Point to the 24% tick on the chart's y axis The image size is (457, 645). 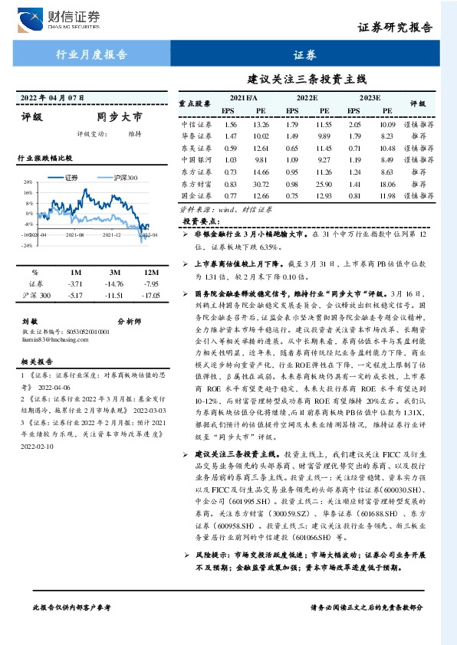27,182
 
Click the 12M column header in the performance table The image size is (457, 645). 151,273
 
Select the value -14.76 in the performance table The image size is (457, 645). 113,283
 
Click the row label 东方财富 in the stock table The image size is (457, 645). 196,184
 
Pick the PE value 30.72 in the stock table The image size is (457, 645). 261,184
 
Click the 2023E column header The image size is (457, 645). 370,98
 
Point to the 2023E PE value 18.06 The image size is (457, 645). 387,184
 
